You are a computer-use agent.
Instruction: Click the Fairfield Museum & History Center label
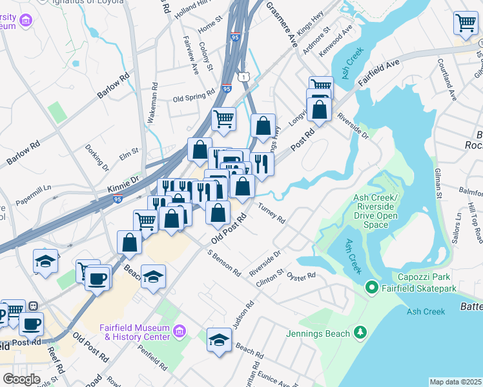point(134,332)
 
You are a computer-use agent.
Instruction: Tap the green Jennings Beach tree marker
point(360,333)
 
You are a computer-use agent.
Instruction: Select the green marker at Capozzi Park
point(371,286)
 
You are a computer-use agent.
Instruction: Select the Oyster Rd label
point(302,275)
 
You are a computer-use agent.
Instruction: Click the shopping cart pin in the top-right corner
point(465,23)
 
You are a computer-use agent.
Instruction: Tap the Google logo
point(21,379)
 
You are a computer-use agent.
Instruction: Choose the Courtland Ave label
point(446,79)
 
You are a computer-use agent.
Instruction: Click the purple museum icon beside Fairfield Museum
point(180,332)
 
